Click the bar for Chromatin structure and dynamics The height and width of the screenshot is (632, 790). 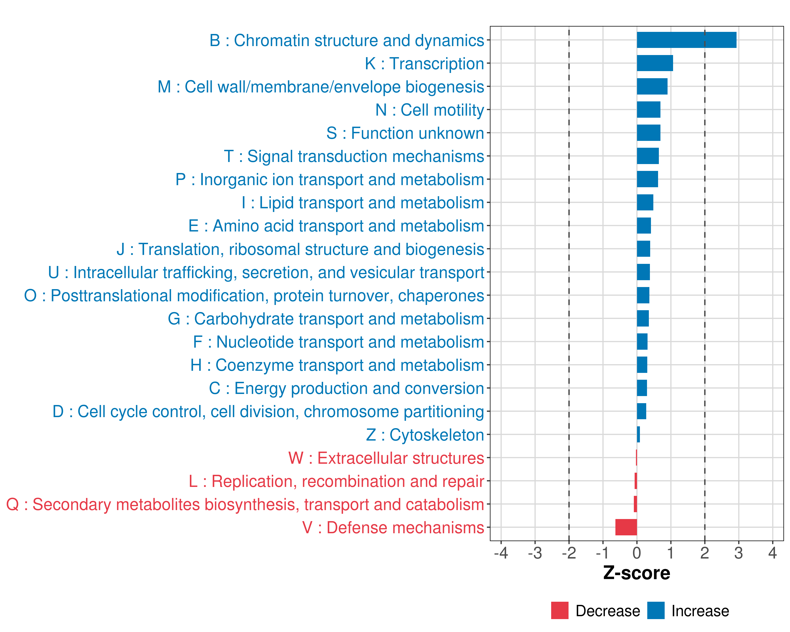click(686, 40)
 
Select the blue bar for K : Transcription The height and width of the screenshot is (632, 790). click(655, 63)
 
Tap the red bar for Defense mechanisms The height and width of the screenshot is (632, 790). click(626, 527)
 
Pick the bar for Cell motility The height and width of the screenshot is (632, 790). click(649, 110)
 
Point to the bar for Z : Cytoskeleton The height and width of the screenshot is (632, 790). click(638, 434)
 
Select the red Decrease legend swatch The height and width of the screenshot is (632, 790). click(560, 610)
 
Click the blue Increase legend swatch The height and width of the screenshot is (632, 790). click(655, 610)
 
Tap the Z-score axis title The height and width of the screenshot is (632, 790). click(636, 573)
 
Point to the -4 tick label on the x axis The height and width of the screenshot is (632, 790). click(501, 553)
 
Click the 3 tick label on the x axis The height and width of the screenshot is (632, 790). click(738, 553)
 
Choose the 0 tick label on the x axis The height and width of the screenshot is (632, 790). click(637, 553)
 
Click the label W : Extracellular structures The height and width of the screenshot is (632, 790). click(386, 458)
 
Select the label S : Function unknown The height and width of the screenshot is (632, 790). click(405, 133)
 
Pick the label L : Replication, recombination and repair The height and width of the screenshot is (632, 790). click(336, 481)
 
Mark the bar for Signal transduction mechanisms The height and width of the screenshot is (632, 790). click(648, 156)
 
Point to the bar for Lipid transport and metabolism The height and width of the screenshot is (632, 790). click(645, 202)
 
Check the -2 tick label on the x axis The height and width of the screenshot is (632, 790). click(569, 553)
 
